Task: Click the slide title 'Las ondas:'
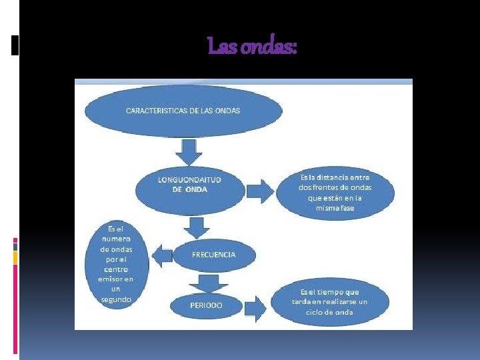[253, 47]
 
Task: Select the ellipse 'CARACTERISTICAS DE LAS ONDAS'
[183, 111]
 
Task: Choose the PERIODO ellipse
[206, 305]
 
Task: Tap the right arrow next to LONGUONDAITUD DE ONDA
[261, 191]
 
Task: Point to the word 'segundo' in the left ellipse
[116, 299]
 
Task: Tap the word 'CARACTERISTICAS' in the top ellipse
[154, 110]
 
